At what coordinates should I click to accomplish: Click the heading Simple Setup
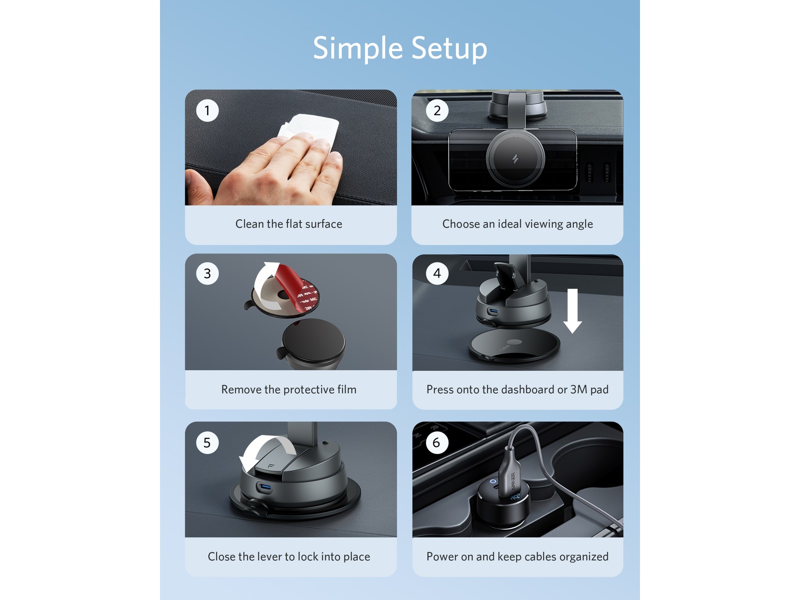[x=400, y=48]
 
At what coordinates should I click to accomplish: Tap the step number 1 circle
[x=207, y=110]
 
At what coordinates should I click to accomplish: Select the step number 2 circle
[x=437, y=110]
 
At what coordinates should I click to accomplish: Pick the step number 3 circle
[x=207, y=273]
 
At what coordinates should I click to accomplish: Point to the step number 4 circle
[x=437, y=273]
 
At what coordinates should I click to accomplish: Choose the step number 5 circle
[x=207, y=442]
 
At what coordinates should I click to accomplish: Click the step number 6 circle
[x=437, y=442]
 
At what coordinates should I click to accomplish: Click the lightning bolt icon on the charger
[x=515, y=159]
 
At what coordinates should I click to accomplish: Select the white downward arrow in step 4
[x=572, y=310]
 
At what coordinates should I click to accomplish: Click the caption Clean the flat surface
[x=288, y=223]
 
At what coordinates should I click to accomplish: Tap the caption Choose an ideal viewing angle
[x=517, y=223]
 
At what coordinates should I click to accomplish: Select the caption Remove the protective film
[x=288, y=389]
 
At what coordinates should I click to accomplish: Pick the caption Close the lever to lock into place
[x=288, y=556]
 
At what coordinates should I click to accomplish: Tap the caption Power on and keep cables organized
[x=517, y=556]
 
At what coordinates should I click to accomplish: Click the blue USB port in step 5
[x=265, y=487]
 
